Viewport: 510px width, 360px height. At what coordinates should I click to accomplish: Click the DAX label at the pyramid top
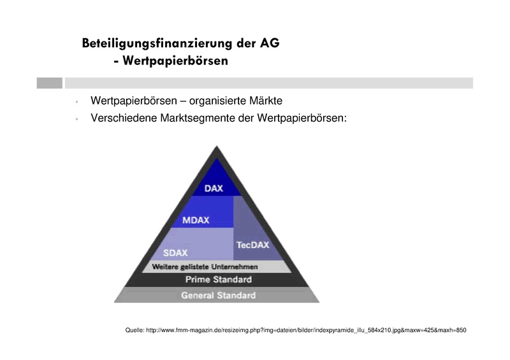(214, 189)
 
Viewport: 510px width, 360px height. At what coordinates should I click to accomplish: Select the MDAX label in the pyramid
(196, 220)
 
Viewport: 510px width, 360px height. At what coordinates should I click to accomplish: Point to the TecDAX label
(253, 245)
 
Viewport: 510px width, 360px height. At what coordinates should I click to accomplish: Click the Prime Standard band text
(218, 280)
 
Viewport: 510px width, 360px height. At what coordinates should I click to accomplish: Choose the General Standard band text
(218, 296)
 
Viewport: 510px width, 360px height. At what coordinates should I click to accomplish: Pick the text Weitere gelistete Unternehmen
(204, 266)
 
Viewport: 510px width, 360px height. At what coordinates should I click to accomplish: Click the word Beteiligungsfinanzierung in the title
(156, 44)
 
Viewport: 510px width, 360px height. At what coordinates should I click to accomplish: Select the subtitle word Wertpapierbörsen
(175, 62)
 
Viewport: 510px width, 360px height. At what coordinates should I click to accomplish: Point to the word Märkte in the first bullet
(265, 101)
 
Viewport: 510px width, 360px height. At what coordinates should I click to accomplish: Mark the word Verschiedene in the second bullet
(123, 118)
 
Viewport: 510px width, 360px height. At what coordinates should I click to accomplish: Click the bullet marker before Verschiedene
(76, 119)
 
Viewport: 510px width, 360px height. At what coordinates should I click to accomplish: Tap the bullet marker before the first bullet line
(76, 101)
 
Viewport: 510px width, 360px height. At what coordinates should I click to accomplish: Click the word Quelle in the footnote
(135, 330)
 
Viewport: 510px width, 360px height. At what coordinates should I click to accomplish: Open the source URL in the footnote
(307, 330)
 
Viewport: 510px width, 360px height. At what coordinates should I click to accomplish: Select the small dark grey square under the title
(49, 83)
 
